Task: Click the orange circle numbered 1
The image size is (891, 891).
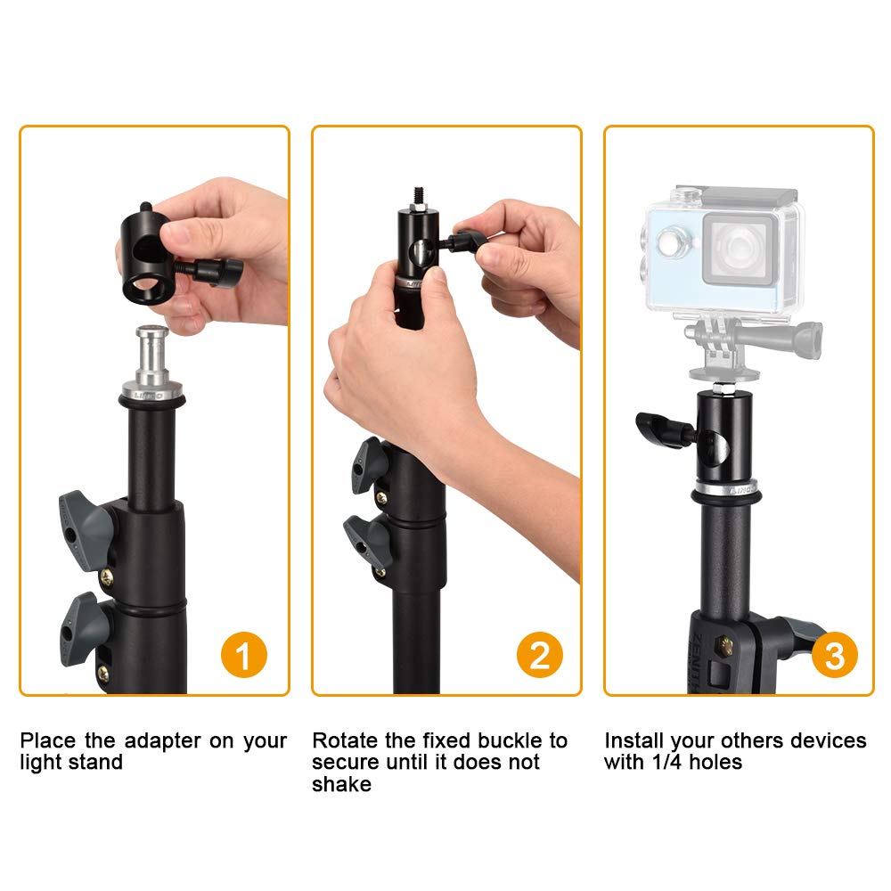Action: pos(242,657)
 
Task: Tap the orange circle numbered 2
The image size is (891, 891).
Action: pos(540,657)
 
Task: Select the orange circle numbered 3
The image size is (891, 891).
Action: pos(834,657)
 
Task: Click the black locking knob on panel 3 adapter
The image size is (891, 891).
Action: pos(664,429)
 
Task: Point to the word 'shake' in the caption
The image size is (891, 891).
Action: pos(341,784)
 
